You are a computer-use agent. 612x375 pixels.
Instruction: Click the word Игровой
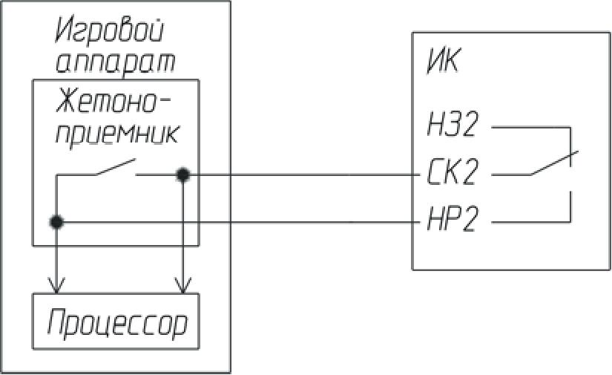coord(109,33)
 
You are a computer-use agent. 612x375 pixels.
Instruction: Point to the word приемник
coord(116,134)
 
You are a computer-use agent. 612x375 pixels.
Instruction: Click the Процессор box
coord(116,322)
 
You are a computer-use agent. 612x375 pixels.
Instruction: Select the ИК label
coord(442,62)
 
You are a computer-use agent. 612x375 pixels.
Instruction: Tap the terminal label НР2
coord(452,221)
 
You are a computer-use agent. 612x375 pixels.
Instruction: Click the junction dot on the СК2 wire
coord(182,175)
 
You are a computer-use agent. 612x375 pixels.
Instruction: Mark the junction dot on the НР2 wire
coord(55,221)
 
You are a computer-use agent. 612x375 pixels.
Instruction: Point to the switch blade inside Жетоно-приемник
coord(115,168)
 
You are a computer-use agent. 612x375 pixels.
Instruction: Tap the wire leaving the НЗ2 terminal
coord(530,127)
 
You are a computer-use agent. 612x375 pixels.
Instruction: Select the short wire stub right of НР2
coord(530,221)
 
